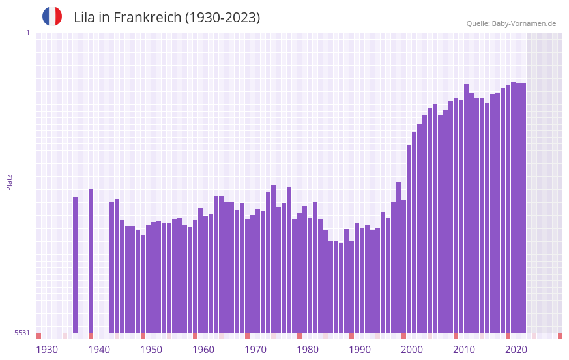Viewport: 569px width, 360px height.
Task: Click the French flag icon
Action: [52, 16]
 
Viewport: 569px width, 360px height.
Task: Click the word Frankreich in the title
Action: [148, 18]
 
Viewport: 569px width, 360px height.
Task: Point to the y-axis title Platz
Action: [9, 182]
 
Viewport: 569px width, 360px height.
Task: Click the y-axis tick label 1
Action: [27, 33]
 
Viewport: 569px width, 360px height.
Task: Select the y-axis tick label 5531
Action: [22, 333]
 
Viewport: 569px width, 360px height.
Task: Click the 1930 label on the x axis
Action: [47, 350]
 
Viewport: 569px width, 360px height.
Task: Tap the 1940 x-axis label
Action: [99, 350]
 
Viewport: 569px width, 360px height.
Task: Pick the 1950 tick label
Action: [151, 350]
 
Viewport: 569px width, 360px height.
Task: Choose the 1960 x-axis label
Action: [203, 350]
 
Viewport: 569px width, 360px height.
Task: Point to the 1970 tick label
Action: [255, 350]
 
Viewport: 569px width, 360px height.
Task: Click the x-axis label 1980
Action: [308, 350]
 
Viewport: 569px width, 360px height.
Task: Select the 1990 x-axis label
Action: [360, 350]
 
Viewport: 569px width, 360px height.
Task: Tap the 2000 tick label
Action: [412, 350]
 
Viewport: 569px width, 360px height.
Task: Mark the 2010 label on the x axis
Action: [464, 350]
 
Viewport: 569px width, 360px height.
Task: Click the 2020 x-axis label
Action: [516, 350]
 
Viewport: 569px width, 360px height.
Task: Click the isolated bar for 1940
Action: [91, 261]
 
